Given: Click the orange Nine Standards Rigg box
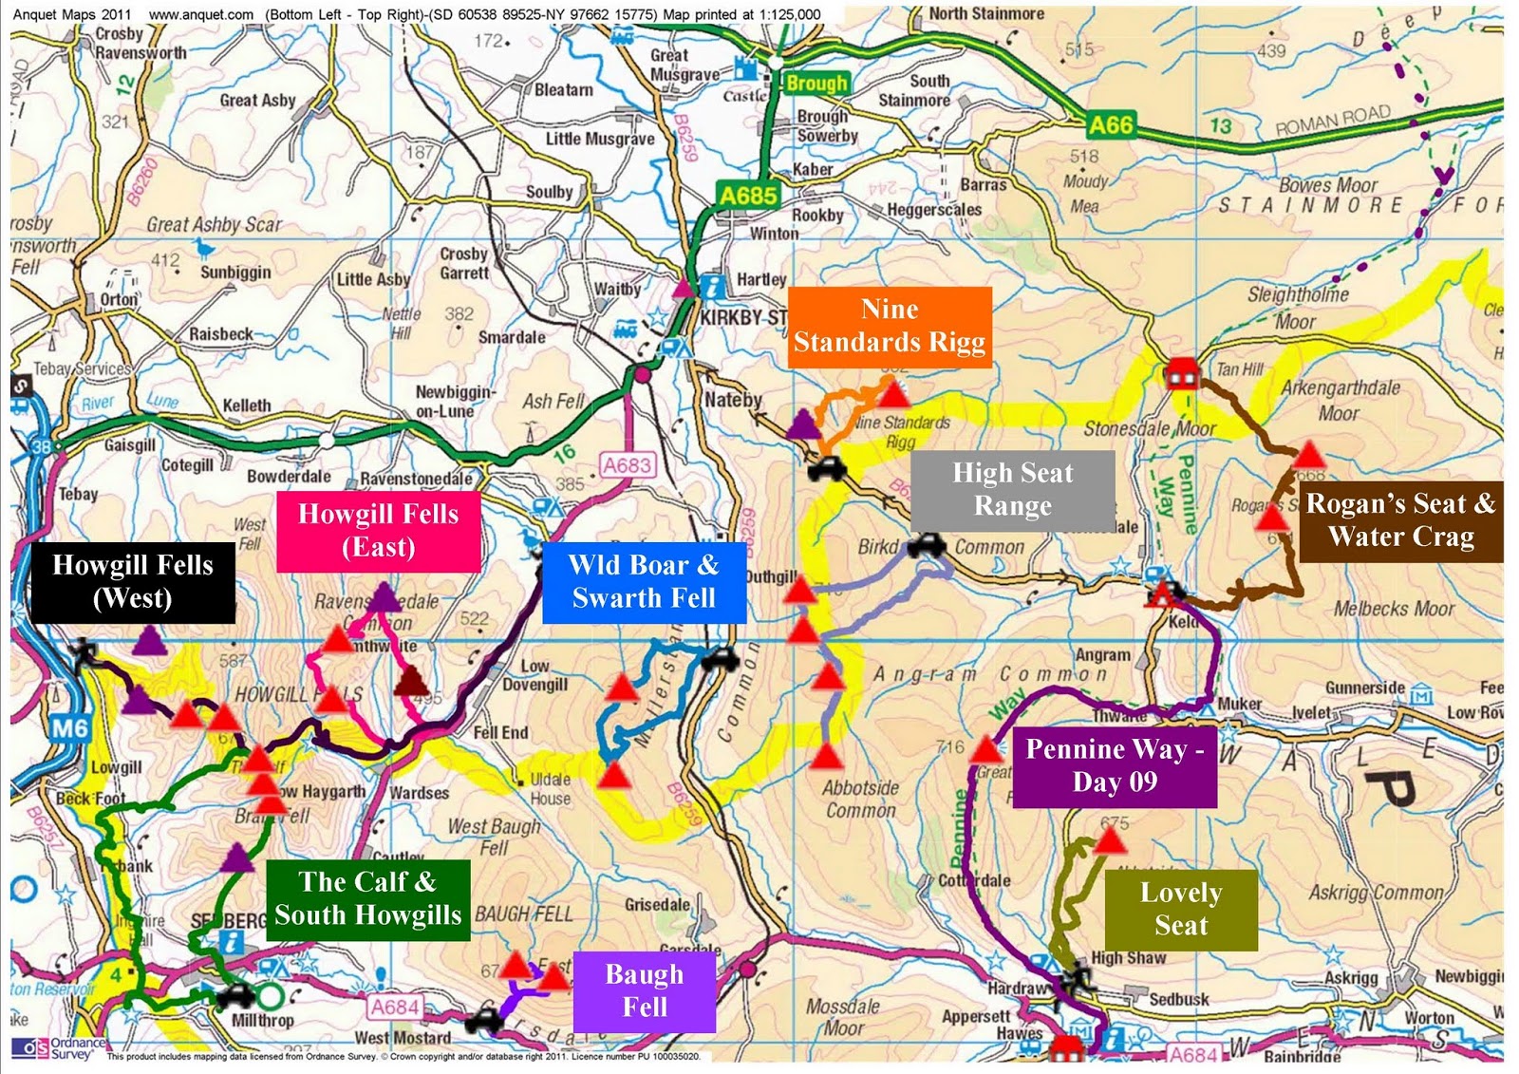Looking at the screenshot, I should [x=890, y=327].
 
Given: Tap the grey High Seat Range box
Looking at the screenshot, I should [x=1012, y=490].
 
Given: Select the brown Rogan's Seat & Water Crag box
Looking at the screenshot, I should [x=1400, y=520].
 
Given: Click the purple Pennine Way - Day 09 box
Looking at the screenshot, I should [x=1115, y=767].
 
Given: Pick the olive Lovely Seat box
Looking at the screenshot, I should [x=1181, y=910].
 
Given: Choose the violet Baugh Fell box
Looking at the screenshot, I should [x=644, y=991].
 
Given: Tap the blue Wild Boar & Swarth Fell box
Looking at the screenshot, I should [x=644, y=582].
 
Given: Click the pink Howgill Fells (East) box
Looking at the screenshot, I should [x=378, y=532].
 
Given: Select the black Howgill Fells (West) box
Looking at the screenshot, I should [x=133, y=582].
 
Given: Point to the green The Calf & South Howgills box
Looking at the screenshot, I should [x=367, y=899].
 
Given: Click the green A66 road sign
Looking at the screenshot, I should [x=1111, y=124].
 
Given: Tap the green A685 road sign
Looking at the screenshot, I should [x=748, y=196].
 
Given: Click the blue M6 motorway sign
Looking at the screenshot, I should [x=69, y=729].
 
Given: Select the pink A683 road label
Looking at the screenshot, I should [x=628, y=465].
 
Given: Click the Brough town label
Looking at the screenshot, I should [x=816, y=84].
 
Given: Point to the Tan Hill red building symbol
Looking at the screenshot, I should [x=1181, y=372].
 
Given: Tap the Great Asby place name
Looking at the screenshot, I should [x=257, y=100].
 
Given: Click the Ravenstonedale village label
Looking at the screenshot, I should [x=416, y=478].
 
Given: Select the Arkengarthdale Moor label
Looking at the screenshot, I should [x=1340, y=400].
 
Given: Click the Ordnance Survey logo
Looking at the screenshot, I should [x=57, y=1047].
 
